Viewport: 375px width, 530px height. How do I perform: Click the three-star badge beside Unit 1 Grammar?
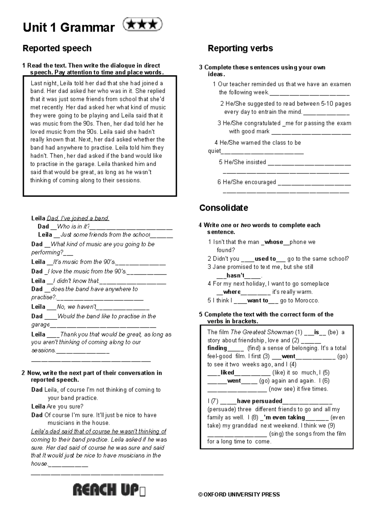[x=142, y=25]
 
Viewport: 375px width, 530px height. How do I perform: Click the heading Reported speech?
[x=57, y=48]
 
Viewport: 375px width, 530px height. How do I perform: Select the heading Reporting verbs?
[x=240, y=48]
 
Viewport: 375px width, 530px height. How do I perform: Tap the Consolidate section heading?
[x=223, y=208]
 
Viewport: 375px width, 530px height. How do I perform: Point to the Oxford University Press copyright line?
[x=239, y=494]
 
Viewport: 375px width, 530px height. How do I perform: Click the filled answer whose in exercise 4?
[x=274, y=242]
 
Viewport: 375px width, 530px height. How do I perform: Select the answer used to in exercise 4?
[x=265, y=258]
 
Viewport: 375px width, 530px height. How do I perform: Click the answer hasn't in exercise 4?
[x=235, y=275]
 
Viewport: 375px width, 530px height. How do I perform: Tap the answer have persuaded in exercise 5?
[x=259, y=401]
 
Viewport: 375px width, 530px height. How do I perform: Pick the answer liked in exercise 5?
[x=227, y=372]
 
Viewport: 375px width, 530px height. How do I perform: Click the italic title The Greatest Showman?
[x=262, y=332]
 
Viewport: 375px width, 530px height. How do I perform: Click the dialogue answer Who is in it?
[x=73, y=227]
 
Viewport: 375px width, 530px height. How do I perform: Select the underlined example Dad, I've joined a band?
[x=78, y=218]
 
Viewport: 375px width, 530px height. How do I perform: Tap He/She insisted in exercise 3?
[x=242, y=162]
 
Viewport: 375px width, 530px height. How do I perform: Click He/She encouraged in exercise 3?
[x=247, y=182]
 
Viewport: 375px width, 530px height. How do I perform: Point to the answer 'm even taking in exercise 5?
[x=284, y=417]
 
